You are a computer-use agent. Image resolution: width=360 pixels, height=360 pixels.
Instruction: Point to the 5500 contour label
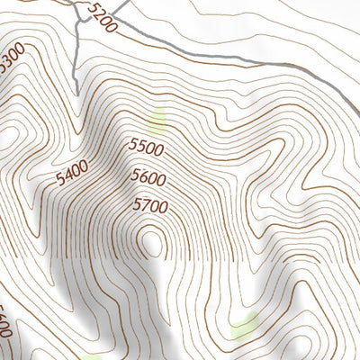[146, 147]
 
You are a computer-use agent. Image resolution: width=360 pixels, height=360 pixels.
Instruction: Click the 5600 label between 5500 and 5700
[148, 176]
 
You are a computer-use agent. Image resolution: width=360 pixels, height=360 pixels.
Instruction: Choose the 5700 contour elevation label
[150, 205]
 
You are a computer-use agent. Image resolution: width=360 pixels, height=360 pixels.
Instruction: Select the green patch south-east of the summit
[244, 326]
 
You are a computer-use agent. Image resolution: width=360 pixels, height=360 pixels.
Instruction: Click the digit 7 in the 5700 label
[143, 205]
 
